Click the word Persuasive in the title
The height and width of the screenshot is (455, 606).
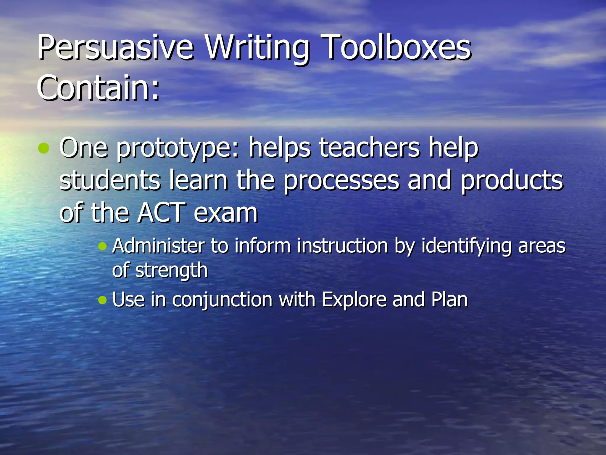(115, 47)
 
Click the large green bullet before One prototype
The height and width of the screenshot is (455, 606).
(44, 148)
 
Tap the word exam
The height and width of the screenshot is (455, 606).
(226, 213)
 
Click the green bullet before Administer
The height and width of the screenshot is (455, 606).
(102, 246)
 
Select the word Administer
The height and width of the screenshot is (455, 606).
(159, 246)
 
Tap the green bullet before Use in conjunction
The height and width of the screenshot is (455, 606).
(102, 300)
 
